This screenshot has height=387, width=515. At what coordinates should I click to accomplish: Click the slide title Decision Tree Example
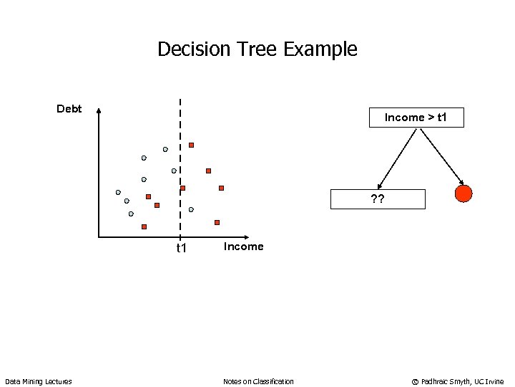257,49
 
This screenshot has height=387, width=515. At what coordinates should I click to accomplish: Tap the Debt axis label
69,109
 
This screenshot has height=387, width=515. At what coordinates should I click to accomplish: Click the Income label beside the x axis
243,247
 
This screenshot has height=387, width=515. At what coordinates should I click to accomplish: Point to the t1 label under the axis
182,248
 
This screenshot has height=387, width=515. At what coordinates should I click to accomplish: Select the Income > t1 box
416,118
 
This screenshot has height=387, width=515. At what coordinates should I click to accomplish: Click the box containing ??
377,199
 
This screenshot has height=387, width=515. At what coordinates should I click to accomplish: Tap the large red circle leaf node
463,193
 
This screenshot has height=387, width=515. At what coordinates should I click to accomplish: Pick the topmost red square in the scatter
191,145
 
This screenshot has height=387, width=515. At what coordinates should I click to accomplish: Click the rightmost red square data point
221,188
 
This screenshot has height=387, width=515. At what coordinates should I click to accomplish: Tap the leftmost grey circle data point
118,192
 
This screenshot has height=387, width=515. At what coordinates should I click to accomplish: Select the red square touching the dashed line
182,188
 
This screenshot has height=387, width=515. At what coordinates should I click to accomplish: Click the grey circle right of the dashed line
191,209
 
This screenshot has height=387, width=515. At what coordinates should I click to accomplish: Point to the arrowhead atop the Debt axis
99,111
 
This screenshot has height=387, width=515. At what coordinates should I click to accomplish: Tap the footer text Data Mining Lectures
39,381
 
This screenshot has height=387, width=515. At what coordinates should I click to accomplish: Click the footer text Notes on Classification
258,381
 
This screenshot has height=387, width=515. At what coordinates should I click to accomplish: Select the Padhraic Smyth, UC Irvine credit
458,381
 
